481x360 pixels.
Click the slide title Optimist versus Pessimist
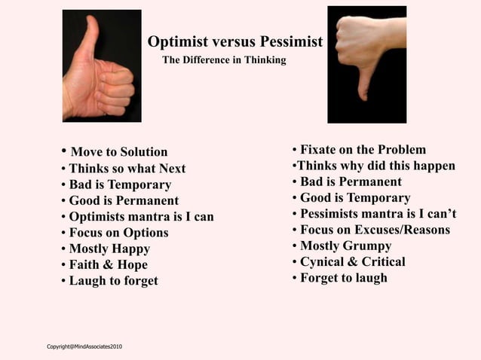(x=235, y=41)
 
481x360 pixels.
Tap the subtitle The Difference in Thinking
(x=224, y=59)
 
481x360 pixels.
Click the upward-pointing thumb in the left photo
(x=92, y=34)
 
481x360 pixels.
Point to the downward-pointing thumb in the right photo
(x=363, y=82)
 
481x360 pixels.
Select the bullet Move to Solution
(x=118, y=152)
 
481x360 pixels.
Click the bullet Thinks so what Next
(x=127, y=169)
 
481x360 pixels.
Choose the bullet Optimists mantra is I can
(x=141, y=217)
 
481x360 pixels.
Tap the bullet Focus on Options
(x=118, y=233)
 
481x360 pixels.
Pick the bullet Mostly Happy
(x=109, y=249)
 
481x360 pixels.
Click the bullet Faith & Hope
(x=108, y=265)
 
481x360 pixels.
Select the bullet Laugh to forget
(x=113, y=281)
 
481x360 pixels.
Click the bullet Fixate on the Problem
(x=363, y=149)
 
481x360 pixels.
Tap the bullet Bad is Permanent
(x=351, y=182)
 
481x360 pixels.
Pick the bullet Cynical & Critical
(x=352, y=262)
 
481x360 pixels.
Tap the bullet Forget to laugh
(x=343, y=278)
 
